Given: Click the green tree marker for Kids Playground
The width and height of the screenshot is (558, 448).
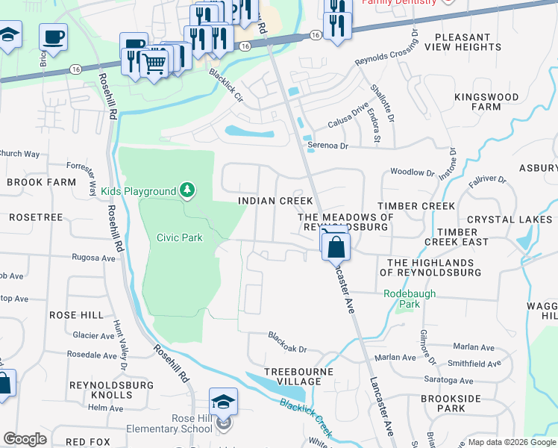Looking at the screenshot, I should pyautogui.click(x=186, y=192).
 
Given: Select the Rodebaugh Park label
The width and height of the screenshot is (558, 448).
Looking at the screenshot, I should pyautogui.click(x=409, y=299).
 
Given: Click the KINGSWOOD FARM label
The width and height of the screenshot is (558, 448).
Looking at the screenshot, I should pyautogui.click(x=487, y=102).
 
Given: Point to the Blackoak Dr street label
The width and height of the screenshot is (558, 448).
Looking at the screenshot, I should pyautogui.click(x=287, y=342).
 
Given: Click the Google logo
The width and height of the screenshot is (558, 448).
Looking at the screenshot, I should pyautogui.click(x=25, y=439).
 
